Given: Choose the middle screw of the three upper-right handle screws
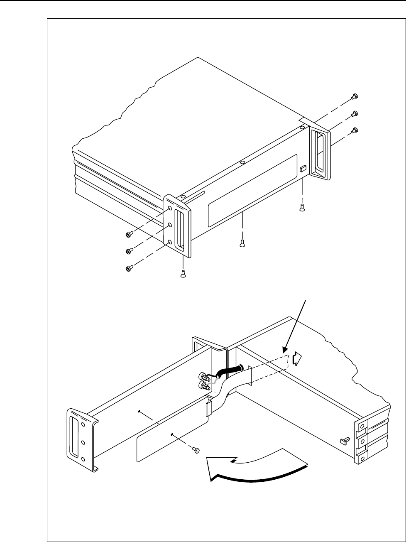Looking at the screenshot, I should pos(355,113).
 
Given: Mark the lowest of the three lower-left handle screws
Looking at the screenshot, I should pos(128,269).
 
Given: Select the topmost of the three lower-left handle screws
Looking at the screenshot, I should pos(128,235).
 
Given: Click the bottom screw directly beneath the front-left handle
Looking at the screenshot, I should pos(183,273).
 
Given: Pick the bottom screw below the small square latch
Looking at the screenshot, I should pos(302,209).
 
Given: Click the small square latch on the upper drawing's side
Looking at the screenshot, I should pos(302,169).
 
